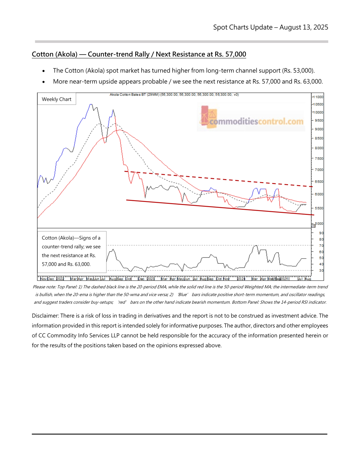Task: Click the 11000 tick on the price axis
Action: tap(318, 97)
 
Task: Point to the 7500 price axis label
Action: tap(319, 158)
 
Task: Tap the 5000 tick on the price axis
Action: tap(319, 224)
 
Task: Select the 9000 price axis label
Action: tap(319, 129)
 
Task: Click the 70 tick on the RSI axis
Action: tap(321, 245)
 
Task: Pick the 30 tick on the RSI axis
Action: tap(321, 270)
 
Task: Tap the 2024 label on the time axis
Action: tap(241, 279)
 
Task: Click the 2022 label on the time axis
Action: tap(60, 279)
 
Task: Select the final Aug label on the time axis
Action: tap(308, 279)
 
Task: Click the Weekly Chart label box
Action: tap(56, 99)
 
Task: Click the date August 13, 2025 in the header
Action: tap(304, 27)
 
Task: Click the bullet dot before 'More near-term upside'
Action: tap(44, 82)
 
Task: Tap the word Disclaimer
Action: tap(45, 316)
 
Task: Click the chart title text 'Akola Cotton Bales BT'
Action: tap(127, 95)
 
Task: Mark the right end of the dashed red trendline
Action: tap(312, 187)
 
